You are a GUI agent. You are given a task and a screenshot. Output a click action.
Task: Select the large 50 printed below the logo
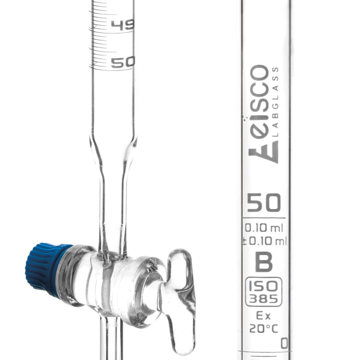264,203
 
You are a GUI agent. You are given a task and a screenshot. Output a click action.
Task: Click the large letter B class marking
264,262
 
